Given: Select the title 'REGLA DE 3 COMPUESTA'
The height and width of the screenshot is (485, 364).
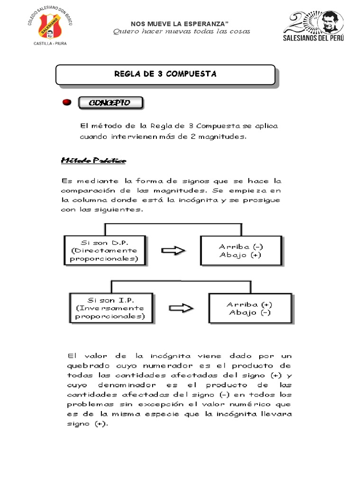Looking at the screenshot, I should [x=165, y=74].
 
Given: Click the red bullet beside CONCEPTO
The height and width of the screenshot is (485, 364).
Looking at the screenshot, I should [x=67, y=102].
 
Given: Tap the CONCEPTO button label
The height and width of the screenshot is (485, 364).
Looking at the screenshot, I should [x=109, y=103].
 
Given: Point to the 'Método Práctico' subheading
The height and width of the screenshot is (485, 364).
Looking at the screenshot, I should [x=93, y=161].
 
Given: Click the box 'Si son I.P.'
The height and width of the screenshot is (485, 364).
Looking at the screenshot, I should [x=111, y=308].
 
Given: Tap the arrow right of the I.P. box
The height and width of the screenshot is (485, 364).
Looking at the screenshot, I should [x=181, y=308].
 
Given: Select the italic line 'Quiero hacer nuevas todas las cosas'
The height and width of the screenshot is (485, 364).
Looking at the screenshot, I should [x=181, y=32].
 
